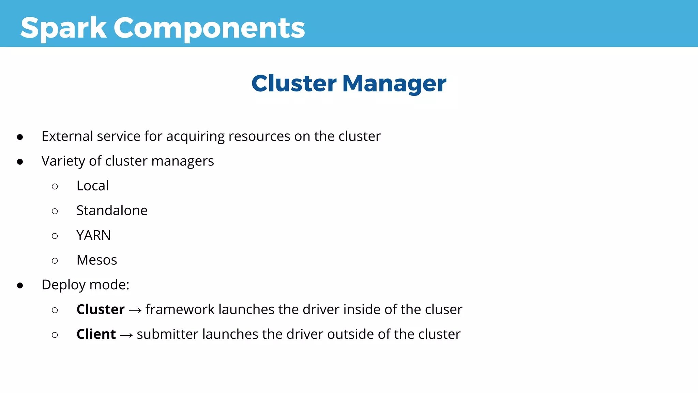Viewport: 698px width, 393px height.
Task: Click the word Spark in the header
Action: (63, 28)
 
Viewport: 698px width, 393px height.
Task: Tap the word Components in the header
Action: (209, 28)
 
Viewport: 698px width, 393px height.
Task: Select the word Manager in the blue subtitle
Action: (394, 84)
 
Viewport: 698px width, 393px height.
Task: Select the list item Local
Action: (92, 186)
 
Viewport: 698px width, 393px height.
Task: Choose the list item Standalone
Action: (112, 210)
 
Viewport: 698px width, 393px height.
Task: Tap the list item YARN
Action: (93, 235)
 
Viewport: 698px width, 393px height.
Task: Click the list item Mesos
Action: (97, 260)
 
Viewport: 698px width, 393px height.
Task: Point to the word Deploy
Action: (63, 285)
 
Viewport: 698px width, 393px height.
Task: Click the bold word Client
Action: (96, 334)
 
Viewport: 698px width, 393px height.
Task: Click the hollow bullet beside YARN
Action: (55, 236)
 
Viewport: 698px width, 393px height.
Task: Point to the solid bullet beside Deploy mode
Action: (20, 285)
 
